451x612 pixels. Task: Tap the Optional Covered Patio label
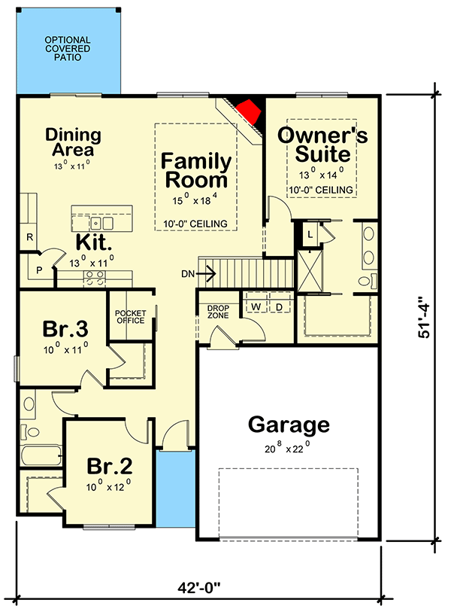(67, 48)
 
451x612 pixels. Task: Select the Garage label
(289, 425)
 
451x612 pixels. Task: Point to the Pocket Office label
(129, 316)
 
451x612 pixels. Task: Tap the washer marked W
(255, 307)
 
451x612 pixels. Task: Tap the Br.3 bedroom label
(65, 330)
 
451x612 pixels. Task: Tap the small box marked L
(310, 235)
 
